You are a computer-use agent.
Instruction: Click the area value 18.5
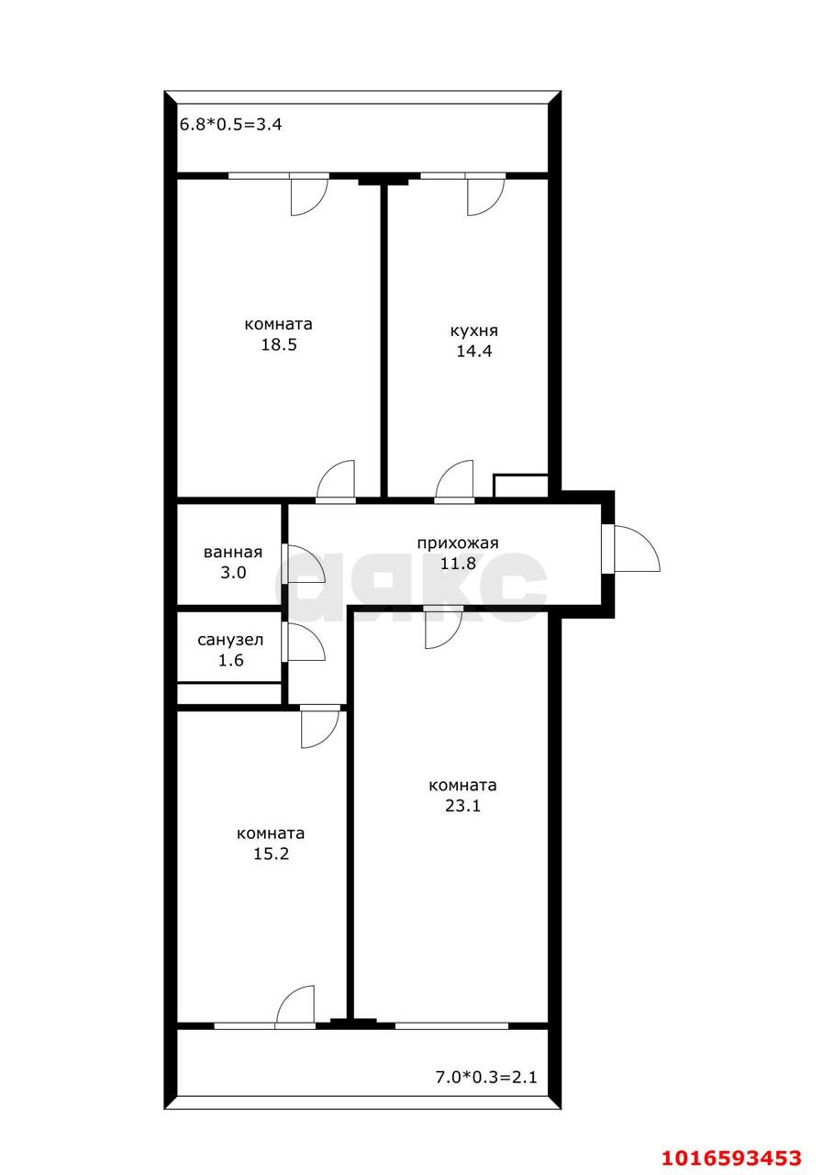(279, 344)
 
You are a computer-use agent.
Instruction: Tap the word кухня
(473, 331)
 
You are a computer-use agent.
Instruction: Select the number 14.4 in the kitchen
(473, 352)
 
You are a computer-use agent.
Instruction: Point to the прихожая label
(458, 543)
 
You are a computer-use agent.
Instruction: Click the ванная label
(233, 552)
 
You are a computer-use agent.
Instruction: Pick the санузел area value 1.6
(230, 660)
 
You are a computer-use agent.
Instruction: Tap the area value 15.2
(271, 854)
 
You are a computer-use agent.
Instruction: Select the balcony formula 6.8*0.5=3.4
(230, 124)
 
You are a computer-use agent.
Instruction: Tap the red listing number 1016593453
(731, 1158)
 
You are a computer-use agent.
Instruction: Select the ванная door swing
(306, 564)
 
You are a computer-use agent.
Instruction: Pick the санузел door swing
(306, 642)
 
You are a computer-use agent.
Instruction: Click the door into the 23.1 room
(443, 630)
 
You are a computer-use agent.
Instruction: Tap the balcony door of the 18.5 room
(309, 196)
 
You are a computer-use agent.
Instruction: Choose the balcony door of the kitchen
(486, 196)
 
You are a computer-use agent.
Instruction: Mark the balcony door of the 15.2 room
(295, 1004)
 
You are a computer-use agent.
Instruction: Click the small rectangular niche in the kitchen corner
(520, 486)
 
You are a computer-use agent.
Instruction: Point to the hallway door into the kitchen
(454, 479)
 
